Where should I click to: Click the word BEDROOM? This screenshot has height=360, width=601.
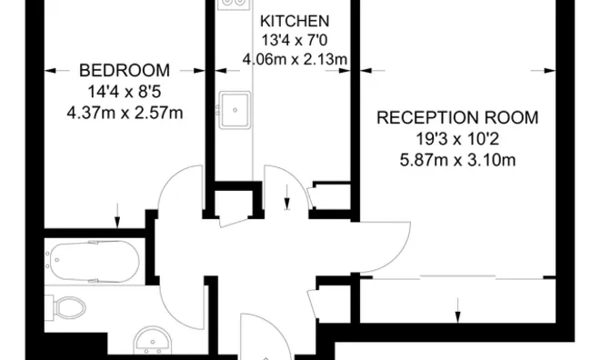125,71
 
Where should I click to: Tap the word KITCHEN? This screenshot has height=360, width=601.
295,21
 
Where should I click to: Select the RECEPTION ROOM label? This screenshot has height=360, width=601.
457,117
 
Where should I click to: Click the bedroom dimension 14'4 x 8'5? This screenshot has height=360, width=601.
125,92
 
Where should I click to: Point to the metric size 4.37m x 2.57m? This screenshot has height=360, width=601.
125,113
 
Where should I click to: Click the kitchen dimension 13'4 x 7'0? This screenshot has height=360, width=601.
295,40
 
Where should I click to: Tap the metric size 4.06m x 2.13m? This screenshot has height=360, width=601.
295,59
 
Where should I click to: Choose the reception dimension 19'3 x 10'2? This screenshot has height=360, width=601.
457,139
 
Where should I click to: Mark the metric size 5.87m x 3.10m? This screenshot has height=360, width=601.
457,160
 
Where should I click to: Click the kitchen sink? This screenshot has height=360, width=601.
235,110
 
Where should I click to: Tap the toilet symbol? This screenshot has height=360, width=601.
65,307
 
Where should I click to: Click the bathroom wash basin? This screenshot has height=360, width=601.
153,340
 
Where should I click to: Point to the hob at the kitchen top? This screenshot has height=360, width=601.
234,5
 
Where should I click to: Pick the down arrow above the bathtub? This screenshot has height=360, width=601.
117,215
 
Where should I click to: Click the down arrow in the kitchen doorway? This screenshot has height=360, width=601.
287,197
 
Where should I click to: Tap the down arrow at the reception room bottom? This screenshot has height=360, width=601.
457,310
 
